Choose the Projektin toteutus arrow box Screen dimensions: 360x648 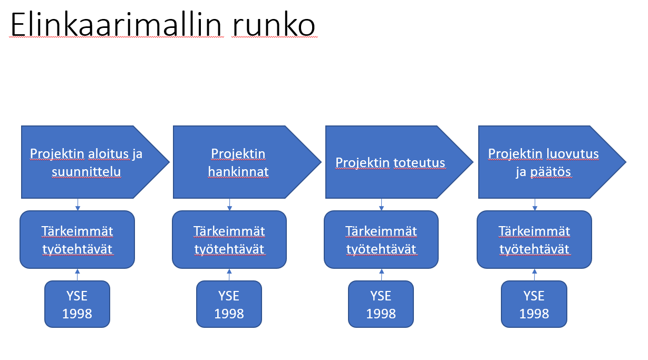point(391,162)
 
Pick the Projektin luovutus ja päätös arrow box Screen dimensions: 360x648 point(544,162)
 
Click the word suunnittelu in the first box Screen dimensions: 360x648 point(86,172)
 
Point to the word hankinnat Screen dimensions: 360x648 point(238,172)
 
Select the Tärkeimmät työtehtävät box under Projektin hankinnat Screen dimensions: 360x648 point(229,240)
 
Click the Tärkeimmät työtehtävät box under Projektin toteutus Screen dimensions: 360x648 point(381,240)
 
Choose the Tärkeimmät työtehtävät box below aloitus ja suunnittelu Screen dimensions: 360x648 point(78,240)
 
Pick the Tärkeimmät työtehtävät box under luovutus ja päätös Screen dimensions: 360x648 point(534,240)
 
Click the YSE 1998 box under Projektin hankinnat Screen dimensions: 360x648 point(229,304)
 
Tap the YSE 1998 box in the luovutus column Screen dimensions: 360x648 point(534,304)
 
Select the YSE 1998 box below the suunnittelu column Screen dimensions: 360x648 point(78,304)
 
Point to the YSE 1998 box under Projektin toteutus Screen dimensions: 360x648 point(381,304)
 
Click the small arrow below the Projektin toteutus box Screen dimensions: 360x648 point(382,205)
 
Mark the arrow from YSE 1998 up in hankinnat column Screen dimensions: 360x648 point(229,274)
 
